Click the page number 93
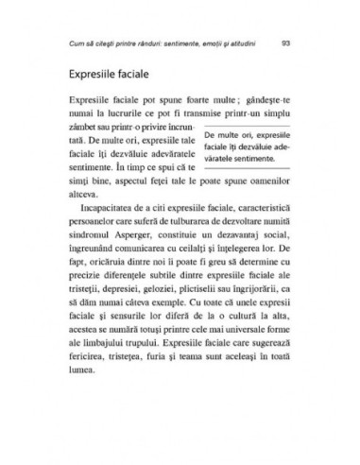pos(286,43)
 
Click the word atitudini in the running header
pos(230,43)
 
